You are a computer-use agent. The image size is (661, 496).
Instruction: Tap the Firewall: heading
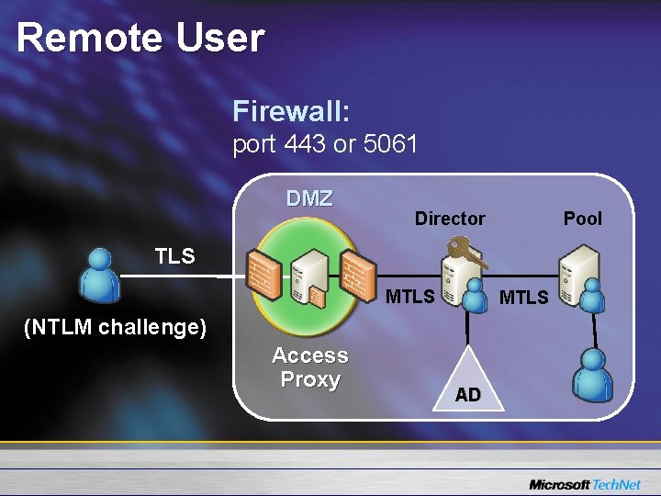[x=291, y=112]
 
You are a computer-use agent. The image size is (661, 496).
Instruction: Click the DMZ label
[x=309, y=198]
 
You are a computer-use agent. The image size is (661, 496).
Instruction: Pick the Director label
[x=450, y=219]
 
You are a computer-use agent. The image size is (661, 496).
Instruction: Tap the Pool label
[x=583, y=219]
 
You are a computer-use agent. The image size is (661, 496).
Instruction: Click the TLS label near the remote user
[x=174, y=256]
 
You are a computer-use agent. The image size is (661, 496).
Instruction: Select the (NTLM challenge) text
[x=115, y=327]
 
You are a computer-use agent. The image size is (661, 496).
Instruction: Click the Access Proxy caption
[x=310, y=367]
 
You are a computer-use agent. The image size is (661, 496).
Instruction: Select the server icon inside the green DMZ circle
[x=308, y=278]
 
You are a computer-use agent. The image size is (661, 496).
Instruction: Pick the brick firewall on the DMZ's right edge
[x=354, y=274]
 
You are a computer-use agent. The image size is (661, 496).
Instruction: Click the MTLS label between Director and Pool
[x=523, y=298]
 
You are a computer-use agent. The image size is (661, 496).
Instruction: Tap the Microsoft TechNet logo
[x=584, y=484]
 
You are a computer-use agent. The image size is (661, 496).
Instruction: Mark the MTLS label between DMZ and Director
[x=409, y=297]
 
